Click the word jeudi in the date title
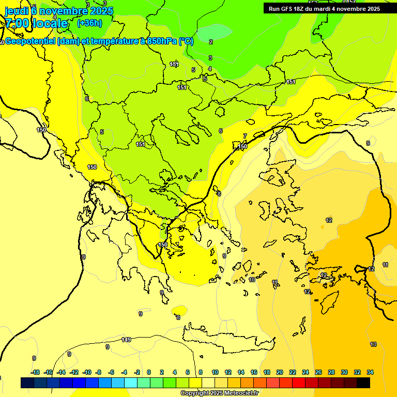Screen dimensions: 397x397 click(17, 10)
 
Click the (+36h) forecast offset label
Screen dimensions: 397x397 click(89, 23)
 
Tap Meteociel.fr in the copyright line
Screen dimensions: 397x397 click(238, 393)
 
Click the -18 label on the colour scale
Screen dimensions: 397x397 click(35, 372)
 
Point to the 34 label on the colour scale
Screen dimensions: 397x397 click(370, 372)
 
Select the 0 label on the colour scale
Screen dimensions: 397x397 click(149, 372)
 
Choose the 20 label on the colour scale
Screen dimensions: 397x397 click(280, 372)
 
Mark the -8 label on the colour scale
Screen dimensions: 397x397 click(99, 372)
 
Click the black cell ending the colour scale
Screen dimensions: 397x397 click(363, 383)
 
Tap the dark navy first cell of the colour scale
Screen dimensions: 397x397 click(27, 383)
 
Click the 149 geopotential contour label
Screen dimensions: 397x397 click(126, 340)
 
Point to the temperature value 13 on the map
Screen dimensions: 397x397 click(373, 344)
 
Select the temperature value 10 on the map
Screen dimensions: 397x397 click(252, 280)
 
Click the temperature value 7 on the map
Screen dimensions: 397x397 click(245, 136)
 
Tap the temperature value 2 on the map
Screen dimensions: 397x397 click(211, 42)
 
